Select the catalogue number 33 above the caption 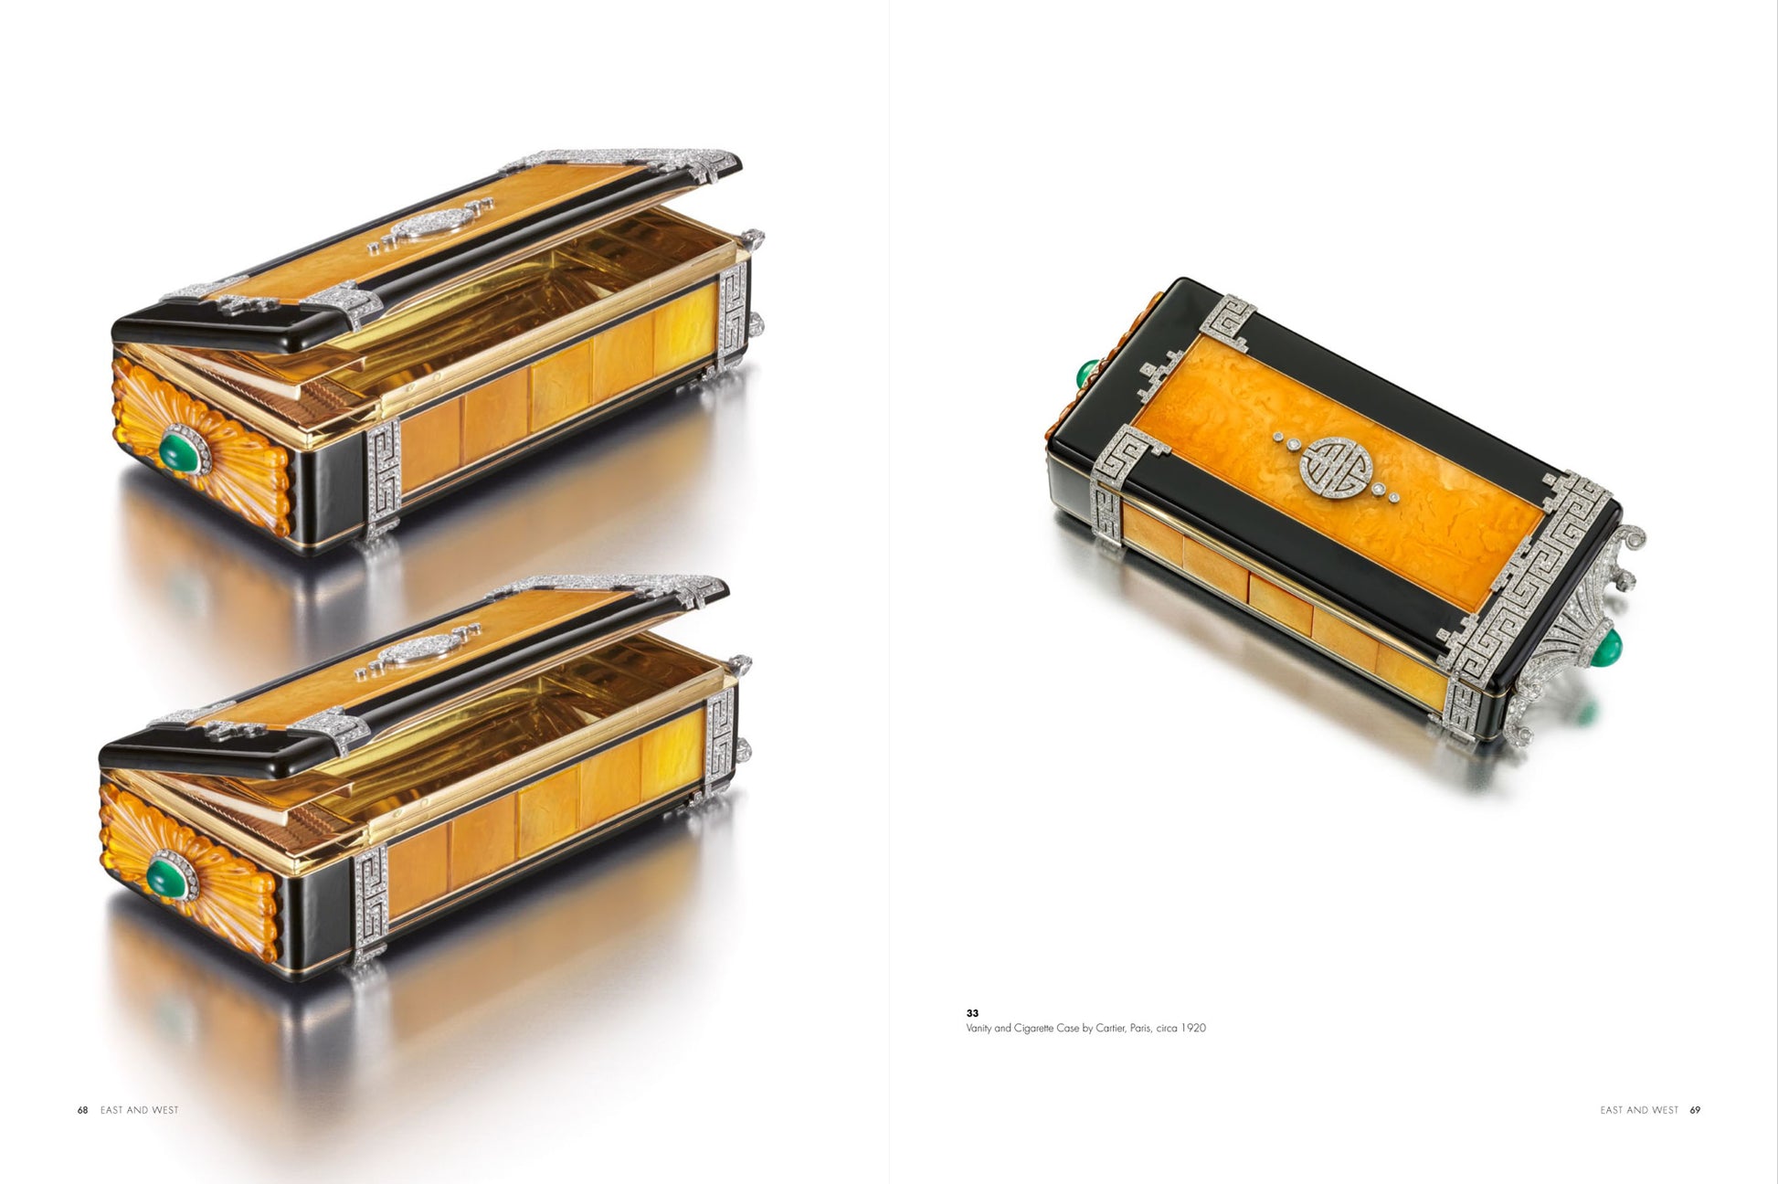coord(972,1013)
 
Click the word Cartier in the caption coord(1110,1028)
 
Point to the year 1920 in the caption coord(1192,1028)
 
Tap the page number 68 coord(82,1110)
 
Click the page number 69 coord(1695,1110)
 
